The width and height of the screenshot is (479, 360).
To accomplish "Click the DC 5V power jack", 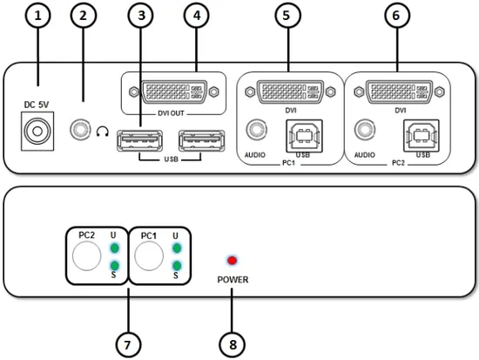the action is (x=37, y=132).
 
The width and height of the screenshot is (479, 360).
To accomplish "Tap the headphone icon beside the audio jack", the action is (x=103, y=132).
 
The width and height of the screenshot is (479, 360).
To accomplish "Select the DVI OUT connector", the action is (x=174, y=92).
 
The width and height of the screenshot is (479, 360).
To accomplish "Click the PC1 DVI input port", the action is (x=290, y=92).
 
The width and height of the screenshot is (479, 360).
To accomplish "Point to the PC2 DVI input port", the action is (x=399, y=92).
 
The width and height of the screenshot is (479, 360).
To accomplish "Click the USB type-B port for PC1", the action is (x=304, y=136).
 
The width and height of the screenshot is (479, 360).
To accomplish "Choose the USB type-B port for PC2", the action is (x=422, y=136).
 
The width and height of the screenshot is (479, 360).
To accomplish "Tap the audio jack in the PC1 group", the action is (x=256, y=130).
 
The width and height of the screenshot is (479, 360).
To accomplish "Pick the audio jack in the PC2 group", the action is (x=365, y=130).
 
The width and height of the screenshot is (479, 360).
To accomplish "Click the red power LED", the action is (x=233, y=261).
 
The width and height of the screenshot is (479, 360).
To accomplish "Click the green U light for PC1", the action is (x=177, y=248).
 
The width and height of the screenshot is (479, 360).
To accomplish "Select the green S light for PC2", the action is (x=115, y=266).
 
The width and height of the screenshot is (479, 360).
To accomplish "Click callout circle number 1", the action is (x=37, y=15).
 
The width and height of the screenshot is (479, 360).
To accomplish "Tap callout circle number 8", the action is (x=233, y=344).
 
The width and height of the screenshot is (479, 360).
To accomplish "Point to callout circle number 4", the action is (x=197, y=15).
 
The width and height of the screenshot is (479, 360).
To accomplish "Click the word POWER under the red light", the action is (x=233, y=280).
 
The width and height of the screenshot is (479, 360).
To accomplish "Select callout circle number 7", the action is (x=128, y=344).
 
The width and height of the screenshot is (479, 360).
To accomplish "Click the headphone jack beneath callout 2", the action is (x=80, y=130).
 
